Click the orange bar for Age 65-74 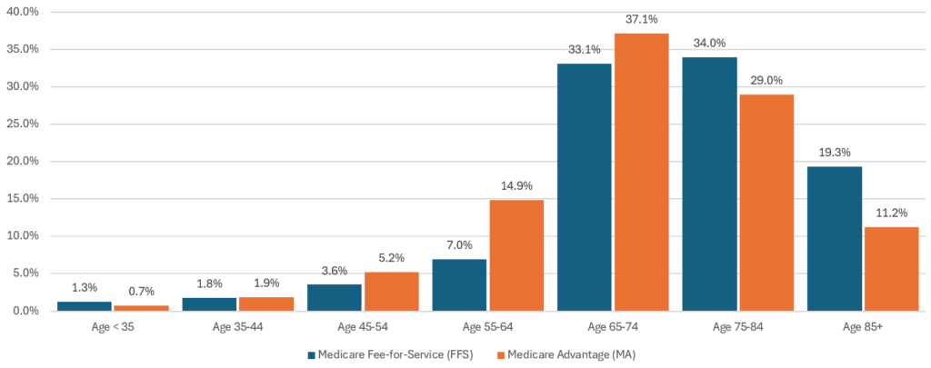tap(641, 173)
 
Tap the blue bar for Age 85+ tap(834, 238)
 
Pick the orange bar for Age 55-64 tap(516, 255)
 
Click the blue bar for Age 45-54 tap(335, 297)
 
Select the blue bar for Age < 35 tap(84, 306)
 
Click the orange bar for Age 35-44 tap(266, 303)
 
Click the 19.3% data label tap(834, 153)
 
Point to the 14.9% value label tap(516, 185)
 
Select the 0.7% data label tap(141, 292)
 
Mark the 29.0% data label tap(766, 80)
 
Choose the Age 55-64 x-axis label tap(487, 325)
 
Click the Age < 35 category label tap(113, 325)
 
